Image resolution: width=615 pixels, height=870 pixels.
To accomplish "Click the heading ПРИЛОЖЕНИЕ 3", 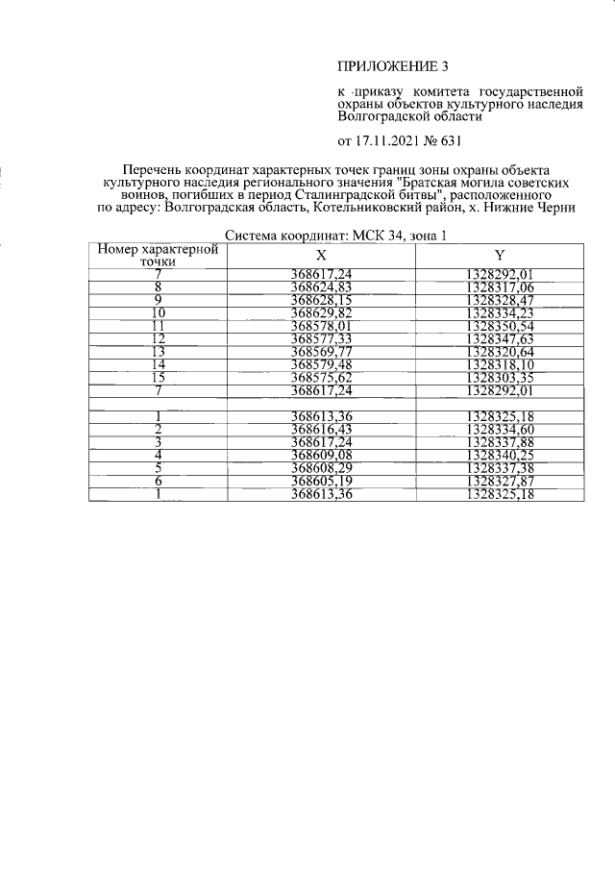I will coord(393,66).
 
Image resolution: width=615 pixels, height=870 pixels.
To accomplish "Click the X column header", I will coord(322,256).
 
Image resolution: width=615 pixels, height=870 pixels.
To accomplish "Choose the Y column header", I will coord(500,256).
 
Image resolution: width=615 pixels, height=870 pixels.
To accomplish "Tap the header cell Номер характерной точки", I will coord(157,255).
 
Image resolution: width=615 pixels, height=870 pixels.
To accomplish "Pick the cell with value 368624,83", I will coord(322,286).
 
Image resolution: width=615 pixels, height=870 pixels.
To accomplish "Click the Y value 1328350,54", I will coord(499,326).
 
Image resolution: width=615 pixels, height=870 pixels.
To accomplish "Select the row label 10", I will coord(158,312).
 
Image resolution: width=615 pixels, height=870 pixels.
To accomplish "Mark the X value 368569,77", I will coord(322,352).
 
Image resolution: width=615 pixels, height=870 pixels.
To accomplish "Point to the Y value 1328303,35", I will coord(499,378).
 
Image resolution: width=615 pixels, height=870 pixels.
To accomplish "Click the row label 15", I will coord(158,378).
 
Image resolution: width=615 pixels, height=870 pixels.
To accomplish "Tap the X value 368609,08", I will coord(322,455).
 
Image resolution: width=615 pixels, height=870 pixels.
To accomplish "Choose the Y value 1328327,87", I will coord(499,481).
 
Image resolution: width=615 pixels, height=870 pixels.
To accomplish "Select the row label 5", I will coord(158,468).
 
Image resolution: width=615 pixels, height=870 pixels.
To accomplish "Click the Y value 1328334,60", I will coord(499,429).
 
